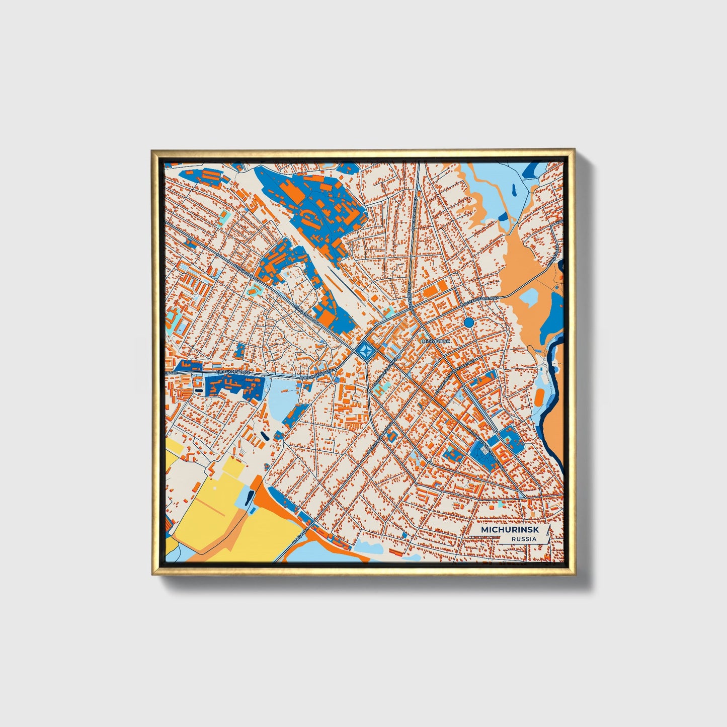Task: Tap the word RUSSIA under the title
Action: [x=523, y=539]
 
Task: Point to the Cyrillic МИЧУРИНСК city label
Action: [x=434, y=341]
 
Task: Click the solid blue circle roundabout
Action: [x=469, y=322]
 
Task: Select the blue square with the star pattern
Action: [x=366, y=350]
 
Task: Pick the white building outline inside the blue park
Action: [x=482, y=451]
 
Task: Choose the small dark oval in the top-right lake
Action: [x=513, y=190]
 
